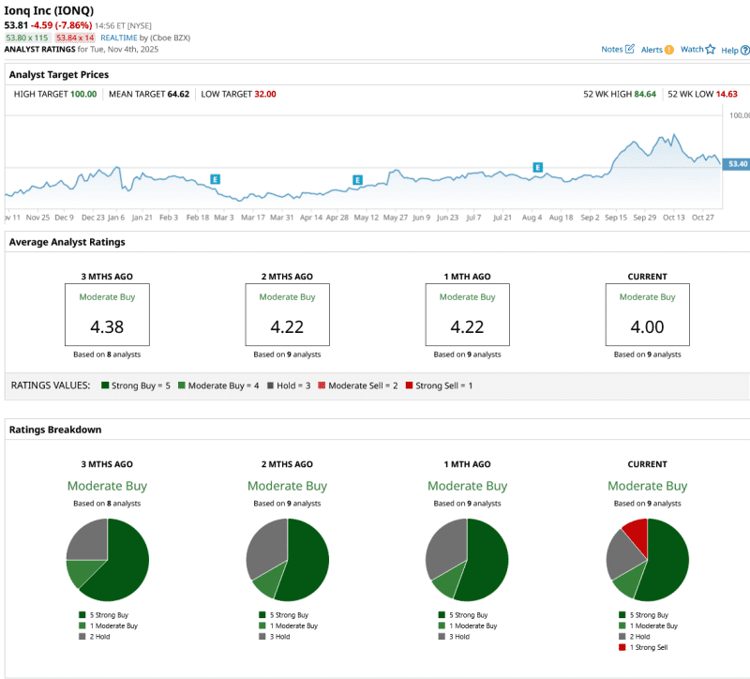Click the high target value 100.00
coord(83,94)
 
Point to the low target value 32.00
coord(264,94)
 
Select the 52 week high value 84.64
coord(644,94)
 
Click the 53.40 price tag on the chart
coord(736,164)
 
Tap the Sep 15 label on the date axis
coord(616,217)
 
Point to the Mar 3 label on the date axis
coord(224,217)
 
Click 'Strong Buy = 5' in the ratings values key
coord(141,385)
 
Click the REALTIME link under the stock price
coord(119,38)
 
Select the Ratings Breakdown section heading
coord(55,430)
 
